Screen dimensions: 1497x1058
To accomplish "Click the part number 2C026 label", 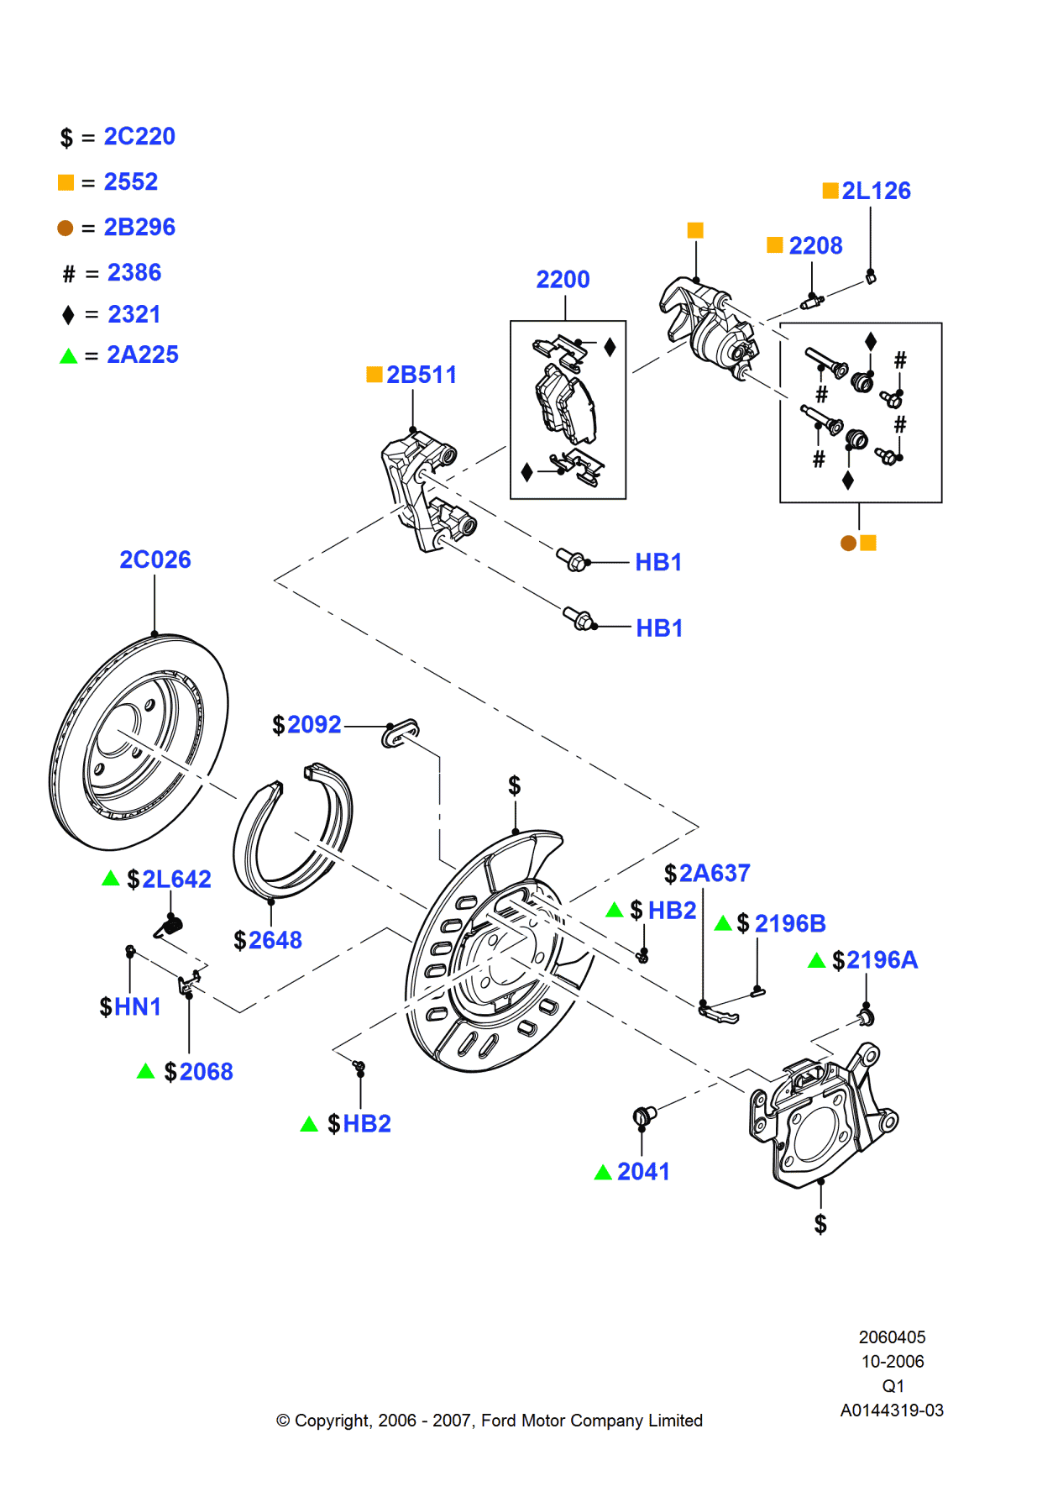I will click(155, 559).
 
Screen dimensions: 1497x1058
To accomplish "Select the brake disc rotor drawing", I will click(139, 741).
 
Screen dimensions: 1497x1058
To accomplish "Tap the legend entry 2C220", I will click(139, 136).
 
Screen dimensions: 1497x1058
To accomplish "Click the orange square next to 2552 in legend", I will click(65, 182).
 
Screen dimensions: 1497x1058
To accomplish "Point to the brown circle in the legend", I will click(65, 228).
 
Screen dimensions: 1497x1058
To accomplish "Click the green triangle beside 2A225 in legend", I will click(68, 355).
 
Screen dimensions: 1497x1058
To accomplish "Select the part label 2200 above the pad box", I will click(563, 279).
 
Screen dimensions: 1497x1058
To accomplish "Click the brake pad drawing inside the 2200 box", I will click(565, 408).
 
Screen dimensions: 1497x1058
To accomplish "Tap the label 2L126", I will click(876, 191).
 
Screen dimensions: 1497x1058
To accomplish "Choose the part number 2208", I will click(814, 245).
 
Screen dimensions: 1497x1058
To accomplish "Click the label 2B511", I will click(421, 375).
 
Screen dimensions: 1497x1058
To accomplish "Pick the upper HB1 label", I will click(658, 562).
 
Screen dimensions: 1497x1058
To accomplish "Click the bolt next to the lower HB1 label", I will click(579, 620).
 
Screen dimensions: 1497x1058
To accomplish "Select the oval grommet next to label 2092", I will click(401, 732).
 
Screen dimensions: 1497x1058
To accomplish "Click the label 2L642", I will click(176, 879).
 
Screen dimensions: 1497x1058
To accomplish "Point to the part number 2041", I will click(643, 1171).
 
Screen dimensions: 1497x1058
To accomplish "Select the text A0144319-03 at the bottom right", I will click(892, 1410).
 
